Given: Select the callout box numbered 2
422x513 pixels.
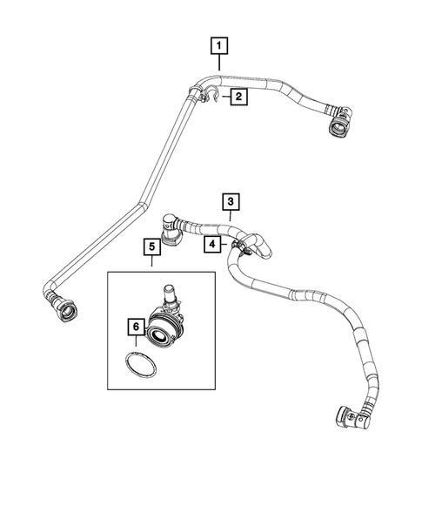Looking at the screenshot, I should (237, 98).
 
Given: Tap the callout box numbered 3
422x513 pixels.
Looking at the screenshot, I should (230, 201).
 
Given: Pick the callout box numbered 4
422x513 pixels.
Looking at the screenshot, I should (211, 246).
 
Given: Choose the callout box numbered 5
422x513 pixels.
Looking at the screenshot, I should (151, 248).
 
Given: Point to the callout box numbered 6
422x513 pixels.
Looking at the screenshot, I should (135, 327).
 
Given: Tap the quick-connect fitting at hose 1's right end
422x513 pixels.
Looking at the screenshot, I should (337, 125).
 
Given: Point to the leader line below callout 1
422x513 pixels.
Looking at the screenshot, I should (219, 62).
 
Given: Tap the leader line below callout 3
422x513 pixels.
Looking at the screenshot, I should (230, 216).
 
